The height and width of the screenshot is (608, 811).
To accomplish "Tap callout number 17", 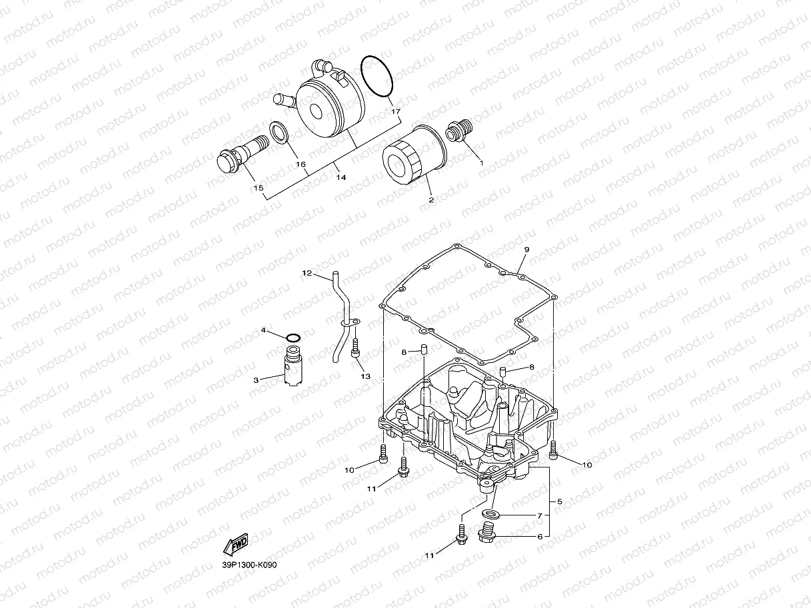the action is [396, 111].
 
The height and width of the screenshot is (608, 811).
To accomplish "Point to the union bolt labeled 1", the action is [459, 129].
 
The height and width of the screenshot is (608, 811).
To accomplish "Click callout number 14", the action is [341, 178].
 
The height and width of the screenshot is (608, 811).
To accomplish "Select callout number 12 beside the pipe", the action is [307, 273].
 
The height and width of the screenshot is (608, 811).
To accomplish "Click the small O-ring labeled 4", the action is [292, 335].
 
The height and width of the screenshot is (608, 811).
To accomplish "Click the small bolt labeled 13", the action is [356, 348].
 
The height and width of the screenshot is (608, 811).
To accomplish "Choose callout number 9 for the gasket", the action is [526, 250].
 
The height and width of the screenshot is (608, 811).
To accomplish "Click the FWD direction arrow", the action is [237, 545].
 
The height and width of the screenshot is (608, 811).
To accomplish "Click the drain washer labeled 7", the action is [491, 515].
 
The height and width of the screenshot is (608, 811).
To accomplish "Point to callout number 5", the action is [559, 501].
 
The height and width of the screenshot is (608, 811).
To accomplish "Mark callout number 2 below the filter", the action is [430, 200].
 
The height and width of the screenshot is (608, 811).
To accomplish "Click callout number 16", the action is [301, 164].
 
